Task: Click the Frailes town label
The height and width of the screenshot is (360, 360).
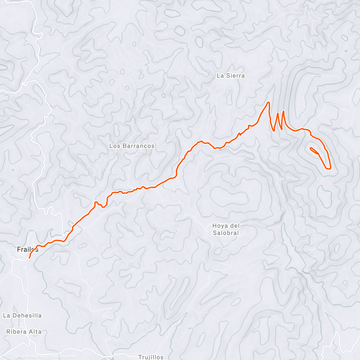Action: coord(28,249)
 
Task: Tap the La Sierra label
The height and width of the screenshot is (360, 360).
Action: coord(231,76)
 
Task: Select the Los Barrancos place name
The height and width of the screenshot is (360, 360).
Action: coord(132,146)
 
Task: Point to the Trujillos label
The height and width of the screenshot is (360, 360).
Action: coord(151,357)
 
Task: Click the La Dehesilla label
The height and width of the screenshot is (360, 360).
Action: coord(22,315)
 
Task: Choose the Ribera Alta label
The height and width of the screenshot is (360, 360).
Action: coord(24,332)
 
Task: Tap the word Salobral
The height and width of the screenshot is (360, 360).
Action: coord(226,233)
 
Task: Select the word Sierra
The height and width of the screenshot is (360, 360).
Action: coord(235,76)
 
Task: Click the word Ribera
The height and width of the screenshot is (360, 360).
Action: coord(17,332)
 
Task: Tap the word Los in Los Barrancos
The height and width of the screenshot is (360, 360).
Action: coord(114,146)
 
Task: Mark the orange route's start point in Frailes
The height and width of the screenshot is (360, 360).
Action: coord(29,258)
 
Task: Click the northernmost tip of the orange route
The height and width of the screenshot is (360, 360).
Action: coord(268,103)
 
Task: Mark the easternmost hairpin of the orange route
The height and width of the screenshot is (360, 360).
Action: coord(330,168)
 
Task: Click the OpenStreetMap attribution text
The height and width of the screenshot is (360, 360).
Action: coord(63,356)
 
